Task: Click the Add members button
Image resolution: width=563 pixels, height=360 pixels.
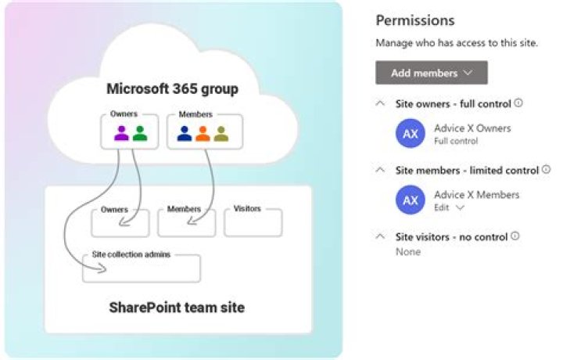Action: (432, 73)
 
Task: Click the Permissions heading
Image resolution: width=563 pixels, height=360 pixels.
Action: (415, 21)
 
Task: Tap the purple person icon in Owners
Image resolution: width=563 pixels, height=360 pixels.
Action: (121, 133)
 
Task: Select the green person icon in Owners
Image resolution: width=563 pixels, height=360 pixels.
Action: (140, 133)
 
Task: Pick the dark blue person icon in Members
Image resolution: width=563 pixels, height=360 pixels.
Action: (185, 133)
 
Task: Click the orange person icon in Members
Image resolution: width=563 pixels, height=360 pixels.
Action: (203, 133)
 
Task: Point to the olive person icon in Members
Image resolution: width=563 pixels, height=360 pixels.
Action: (221, 133)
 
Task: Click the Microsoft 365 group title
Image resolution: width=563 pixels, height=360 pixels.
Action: (172, 88)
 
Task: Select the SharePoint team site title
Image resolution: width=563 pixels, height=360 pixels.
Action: (177, 308)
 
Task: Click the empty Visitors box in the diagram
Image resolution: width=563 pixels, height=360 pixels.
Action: (253, 224)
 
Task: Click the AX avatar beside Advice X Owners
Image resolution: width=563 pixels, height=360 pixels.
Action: (411, 134)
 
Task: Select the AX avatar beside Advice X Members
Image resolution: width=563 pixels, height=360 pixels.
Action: (411, 200)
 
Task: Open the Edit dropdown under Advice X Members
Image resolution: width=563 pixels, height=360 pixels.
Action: (449, 208)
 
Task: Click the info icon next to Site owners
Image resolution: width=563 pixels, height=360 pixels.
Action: (518, 103)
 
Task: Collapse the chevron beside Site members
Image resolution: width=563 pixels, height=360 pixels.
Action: (381, 170)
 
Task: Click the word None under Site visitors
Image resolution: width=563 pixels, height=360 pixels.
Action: (407, 252)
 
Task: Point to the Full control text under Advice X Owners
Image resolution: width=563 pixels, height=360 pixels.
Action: (456, 142)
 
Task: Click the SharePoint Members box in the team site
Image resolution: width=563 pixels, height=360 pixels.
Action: (186, 224)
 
